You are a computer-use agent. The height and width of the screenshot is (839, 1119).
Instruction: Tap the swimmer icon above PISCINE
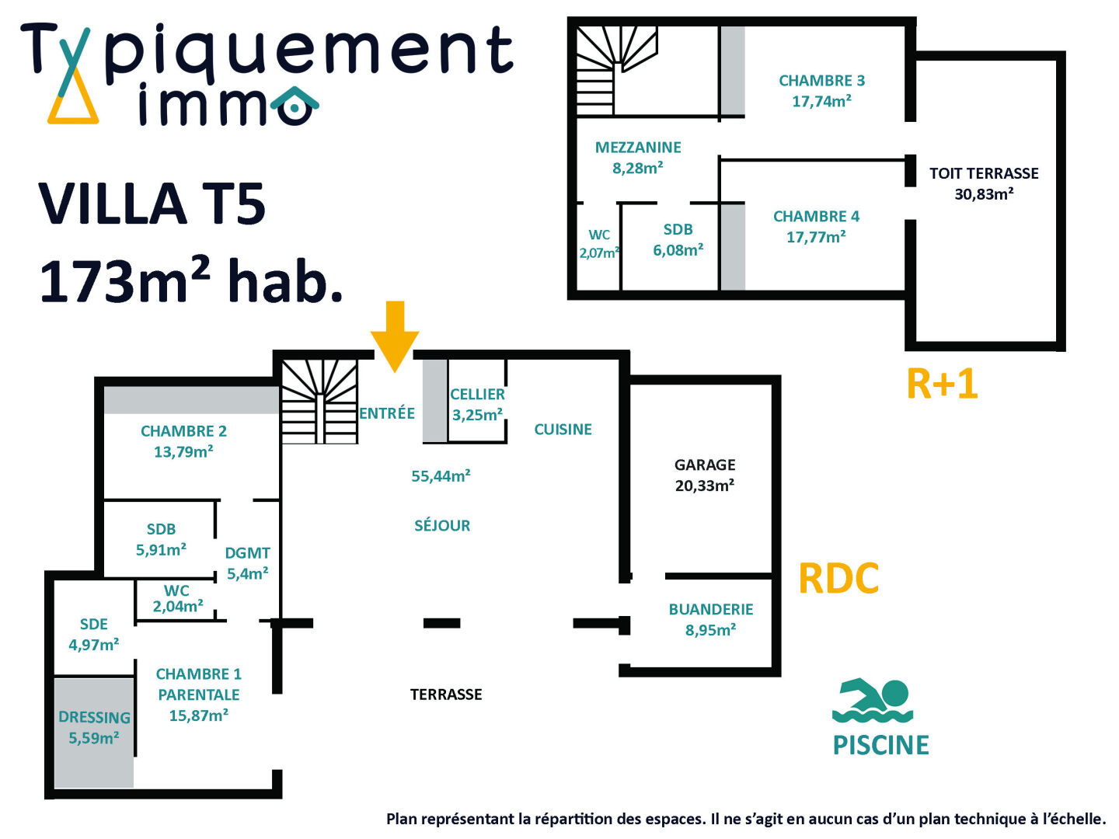click(x=873, y=701)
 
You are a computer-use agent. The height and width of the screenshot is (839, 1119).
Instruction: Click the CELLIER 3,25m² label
click(x=477, y=405)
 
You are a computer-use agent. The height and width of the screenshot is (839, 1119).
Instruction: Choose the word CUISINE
click(x=563, y=430)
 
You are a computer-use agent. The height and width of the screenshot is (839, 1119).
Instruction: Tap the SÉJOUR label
click(x=442, y=526)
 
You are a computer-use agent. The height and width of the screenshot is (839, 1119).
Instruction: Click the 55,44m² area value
click(x=441, y=476)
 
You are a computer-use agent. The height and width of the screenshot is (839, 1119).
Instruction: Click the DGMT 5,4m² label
click(x=248, y=563)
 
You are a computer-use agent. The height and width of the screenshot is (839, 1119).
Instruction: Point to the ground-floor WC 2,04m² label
click(x=178, y=599)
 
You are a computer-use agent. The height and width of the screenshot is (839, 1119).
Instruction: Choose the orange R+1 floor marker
click(x=942, y=384)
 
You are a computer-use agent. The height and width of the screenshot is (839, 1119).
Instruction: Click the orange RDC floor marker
click(x=838, y=579)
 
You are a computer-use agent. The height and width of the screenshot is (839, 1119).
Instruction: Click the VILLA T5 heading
click(x=152, y=204)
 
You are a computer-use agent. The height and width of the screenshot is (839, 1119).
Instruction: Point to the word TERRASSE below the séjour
click(x=446, y=695)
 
